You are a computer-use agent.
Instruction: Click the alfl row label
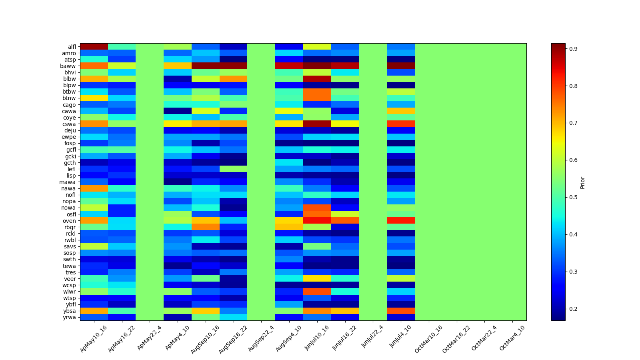pyautogui.click(x=72, y=47)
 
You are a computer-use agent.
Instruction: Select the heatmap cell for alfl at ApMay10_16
pyautogui.click(x=94, y=46)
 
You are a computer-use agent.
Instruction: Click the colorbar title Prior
pyautogui.click(x=582, y=182)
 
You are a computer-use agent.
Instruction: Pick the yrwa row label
pyautogui.click(x=70, y=317)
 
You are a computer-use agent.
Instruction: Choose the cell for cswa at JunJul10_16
pyautogui.click(x=317, y=124)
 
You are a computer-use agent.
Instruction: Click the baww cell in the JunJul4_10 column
pyautogui.click(x=401, y=66)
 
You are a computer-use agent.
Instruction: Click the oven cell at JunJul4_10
pyautogui.click(x=401, y=220)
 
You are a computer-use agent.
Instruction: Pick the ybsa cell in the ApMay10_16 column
pyautogui.click(x=94, y=311)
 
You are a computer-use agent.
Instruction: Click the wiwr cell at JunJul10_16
pyautogui.click(x=317, y=291)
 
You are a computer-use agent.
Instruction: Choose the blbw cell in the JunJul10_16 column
pyautogui.click(x=317, y=79)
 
